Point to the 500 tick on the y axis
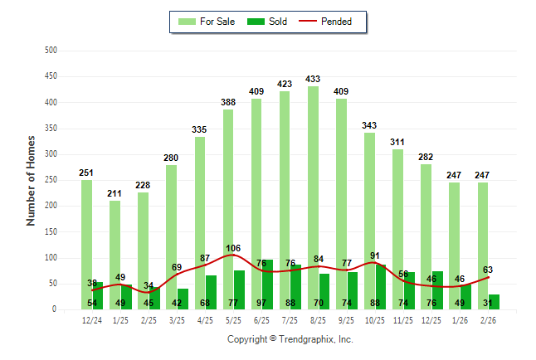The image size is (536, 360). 51,51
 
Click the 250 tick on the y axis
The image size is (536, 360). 51,180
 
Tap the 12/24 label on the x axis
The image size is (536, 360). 92,320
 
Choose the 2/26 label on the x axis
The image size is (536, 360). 489,320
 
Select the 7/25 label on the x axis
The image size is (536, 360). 290,320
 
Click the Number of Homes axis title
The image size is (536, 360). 32,180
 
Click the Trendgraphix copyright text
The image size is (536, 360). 290,339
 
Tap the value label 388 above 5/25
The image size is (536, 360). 228,103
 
